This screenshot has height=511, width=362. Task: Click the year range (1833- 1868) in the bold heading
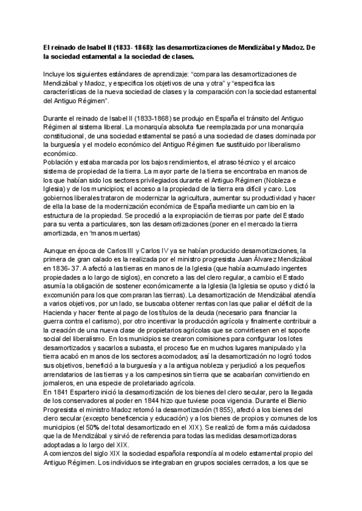click(133, 46)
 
